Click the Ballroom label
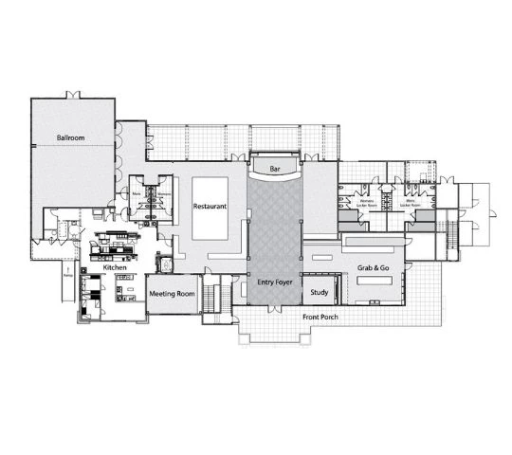tap(71, 138)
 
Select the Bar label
tap(275, 169)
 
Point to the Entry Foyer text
tap(274, 282)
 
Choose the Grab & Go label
tap(374, 268)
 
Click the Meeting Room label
tap(171, 294)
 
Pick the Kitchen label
tap(115, 268)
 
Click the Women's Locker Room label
tap(364, 202)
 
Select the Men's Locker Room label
tap(413, 202)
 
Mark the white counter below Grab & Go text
tap(374, 302)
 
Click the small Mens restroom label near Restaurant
tap(137, 194)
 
